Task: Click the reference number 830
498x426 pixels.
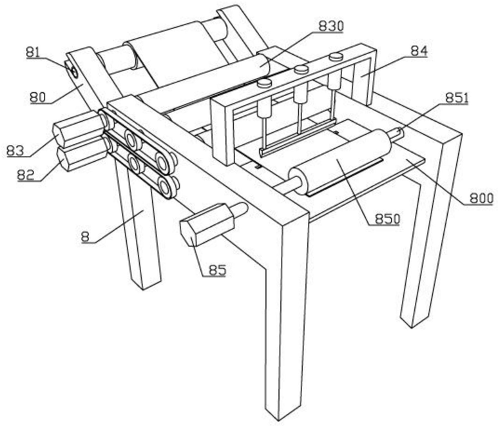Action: click(331, 26)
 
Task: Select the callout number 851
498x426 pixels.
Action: click(457, 97)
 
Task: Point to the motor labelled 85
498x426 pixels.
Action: click(205, 228)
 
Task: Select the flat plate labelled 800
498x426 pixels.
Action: click(412, 164)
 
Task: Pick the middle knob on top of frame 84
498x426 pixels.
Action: click(301, 69)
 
